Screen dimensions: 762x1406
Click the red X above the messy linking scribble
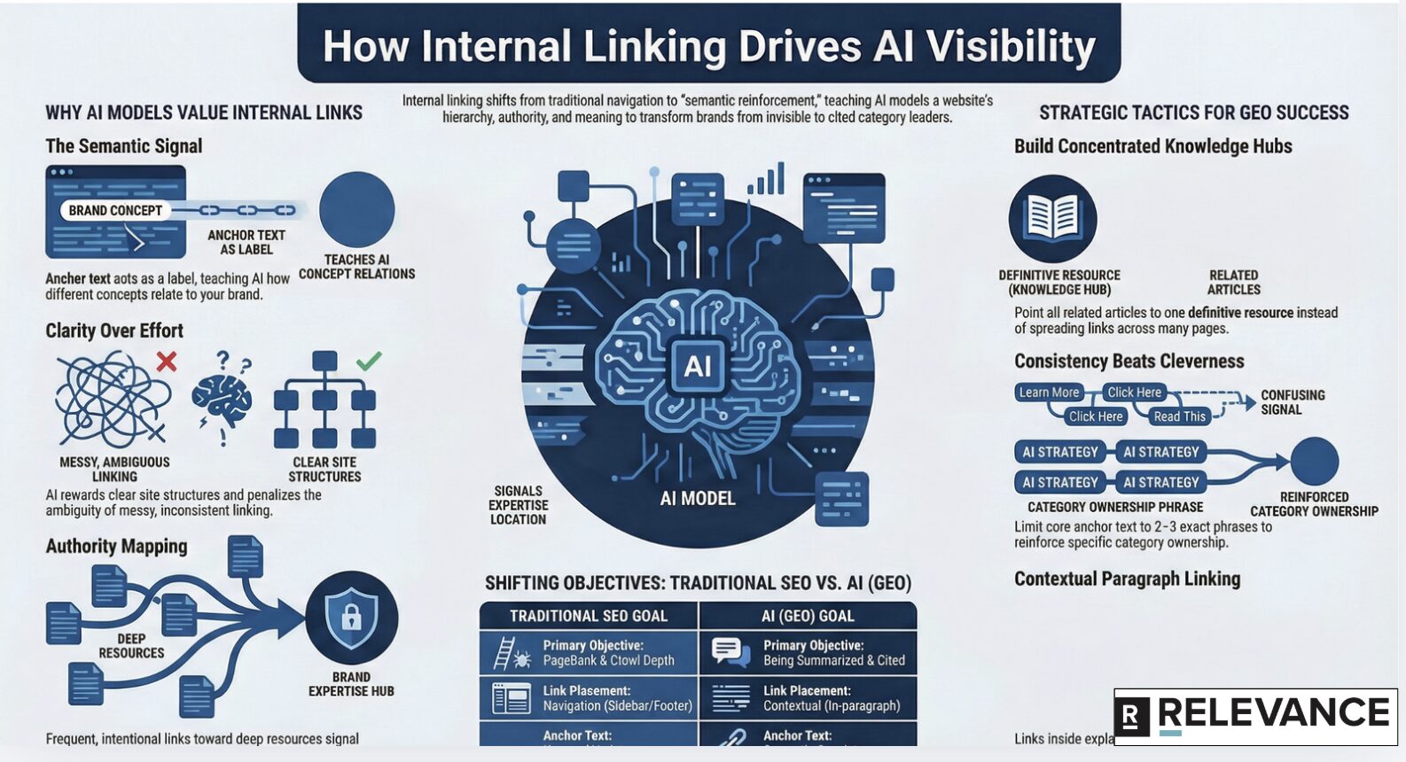tap(166, 361)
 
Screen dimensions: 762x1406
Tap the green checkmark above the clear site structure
tap(369, 360)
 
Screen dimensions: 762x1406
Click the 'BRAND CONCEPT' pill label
tap(115, 211)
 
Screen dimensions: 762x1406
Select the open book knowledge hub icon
tap(1052, 218)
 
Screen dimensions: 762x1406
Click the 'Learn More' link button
tap(1049, 393)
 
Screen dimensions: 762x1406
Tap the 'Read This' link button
tap(1179, 416)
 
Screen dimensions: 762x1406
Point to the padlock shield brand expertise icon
tap(351, 617)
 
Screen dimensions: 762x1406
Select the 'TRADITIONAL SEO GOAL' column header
tap(589, 616)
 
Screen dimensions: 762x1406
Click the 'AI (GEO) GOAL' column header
tap(808, 616)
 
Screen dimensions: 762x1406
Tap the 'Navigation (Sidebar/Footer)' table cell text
tap(617, 706)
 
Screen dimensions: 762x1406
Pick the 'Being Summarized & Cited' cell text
tap(834, 661)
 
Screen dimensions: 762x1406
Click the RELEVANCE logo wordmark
tap(1273, 714)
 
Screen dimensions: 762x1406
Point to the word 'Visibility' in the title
tap(1012, 46)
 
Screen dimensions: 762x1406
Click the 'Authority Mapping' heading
tap(116, 547)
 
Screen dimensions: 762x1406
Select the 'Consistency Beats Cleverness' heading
tap(1129, 362)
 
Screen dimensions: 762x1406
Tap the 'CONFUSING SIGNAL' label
tap(1293, 402)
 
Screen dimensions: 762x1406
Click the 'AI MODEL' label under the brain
tap(698, 499)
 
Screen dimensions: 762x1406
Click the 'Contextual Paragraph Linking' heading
tap(1127, 579)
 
